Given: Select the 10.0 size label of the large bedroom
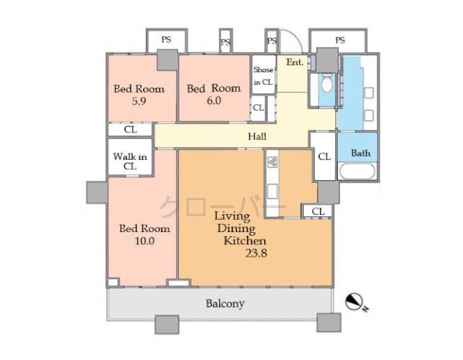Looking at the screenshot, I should (144, 241).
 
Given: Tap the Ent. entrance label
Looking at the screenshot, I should (294, 62).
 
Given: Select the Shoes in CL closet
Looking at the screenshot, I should (263, 76).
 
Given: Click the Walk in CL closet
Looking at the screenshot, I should (130, 161).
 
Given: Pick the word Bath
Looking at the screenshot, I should (360, 153).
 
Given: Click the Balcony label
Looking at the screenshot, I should (224, 304).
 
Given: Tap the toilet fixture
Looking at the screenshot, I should (326, 84).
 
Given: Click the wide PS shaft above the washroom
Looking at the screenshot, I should (339, 40).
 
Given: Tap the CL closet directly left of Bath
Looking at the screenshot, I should (323, 156).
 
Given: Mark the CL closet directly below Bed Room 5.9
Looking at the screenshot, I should (130, 130).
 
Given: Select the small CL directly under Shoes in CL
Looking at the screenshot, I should (259, 108).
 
